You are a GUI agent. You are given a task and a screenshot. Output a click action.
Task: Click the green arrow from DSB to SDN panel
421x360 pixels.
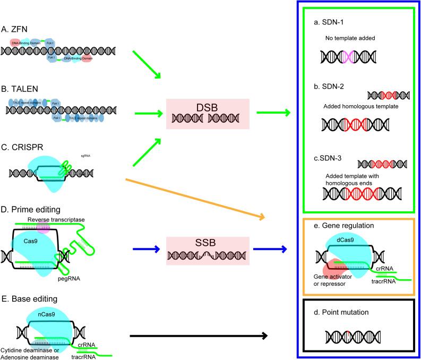pyautogui.click(x=274, y=113)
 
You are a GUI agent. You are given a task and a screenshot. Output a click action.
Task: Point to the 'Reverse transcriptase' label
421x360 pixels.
pyautogui.click(x=51, y=220)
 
